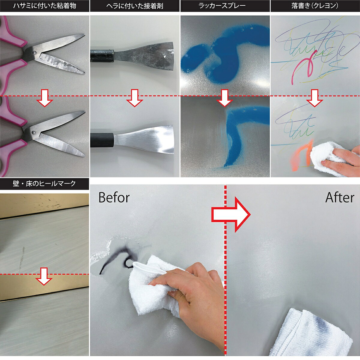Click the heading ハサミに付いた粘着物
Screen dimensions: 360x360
point(45,6)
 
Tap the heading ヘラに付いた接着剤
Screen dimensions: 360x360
point(135,6)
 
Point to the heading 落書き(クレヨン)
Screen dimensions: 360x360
point(315,6)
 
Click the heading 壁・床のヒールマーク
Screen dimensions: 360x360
point(44,184)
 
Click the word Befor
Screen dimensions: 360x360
point(114,197)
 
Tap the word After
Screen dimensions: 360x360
point(340,197)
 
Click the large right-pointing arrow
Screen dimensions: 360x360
point(231,214)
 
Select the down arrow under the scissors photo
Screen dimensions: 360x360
point(45,98)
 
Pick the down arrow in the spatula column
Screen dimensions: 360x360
point(134,98)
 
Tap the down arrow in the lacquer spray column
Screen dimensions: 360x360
point(225,98)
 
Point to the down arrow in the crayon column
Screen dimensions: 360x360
point(315,98)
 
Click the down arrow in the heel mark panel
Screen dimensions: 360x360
point(44,277)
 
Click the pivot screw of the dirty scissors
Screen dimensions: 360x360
point(34,53)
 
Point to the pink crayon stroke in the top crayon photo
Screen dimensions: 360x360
point(304,67)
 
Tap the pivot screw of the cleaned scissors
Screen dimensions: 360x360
point(33,132)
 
